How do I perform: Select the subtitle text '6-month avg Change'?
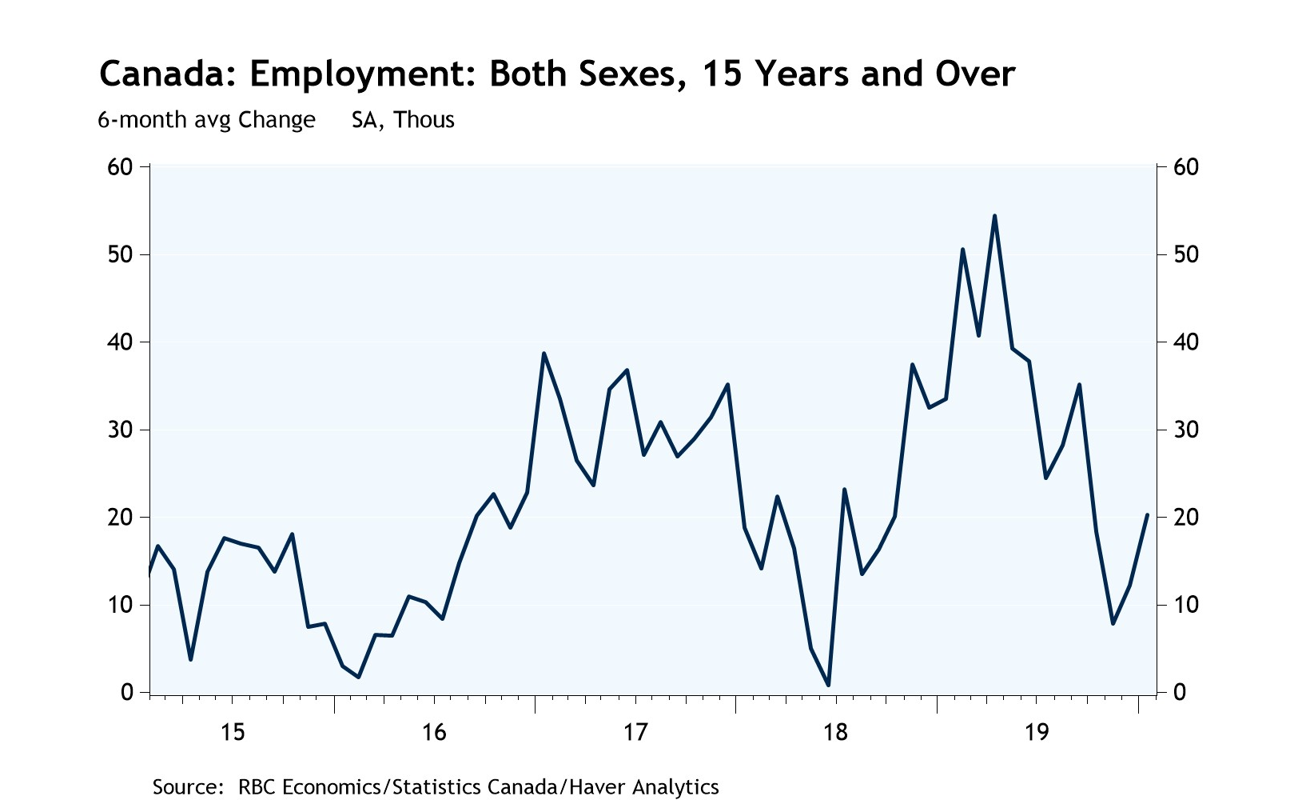click(206, 120)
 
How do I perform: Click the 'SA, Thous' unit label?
click(403, 120)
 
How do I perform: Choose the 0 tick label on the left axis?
click(126, 692)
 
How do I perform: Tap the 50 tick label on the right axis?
click(1186, 254)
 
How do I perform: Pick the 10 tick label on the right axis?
click(1186, 605)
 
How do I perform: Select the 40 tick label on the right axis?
click(1186, 342)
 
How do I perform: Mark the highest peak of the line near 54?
click(994, 216)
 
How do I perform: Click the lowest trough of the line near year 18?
click(828, 685)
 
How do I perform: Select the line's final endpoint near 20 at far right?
click(1147, 515)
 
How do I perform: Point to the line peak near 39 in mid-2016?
click(544, 354)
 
